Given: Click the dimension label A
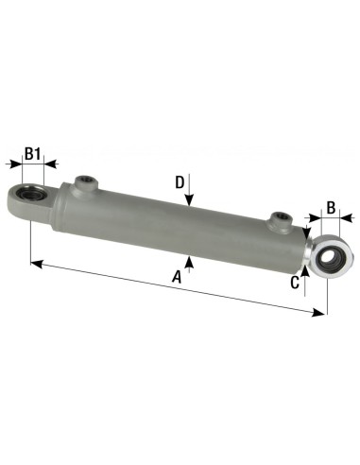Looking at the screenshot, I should (x=177, y=276).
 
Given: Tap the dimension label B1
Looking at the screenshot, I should (x=33, y=153).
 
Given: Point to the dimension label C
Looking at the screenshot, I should (x=295, y=281).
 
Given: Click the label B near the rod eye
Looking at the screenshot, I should (x=332, y=207).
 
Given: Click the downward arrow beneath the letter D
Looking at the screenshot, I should (x=190, y=200).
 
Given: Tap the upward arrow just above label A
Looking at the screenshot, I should (x=190, y=262).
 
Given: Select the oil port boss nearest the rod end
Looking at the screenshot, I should (x=279, y=220).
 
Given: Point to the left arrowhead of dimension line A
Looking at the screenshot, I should (x=36, y=262).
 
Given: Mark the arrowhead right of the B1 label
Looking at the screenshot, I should (x=52, y=164).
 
